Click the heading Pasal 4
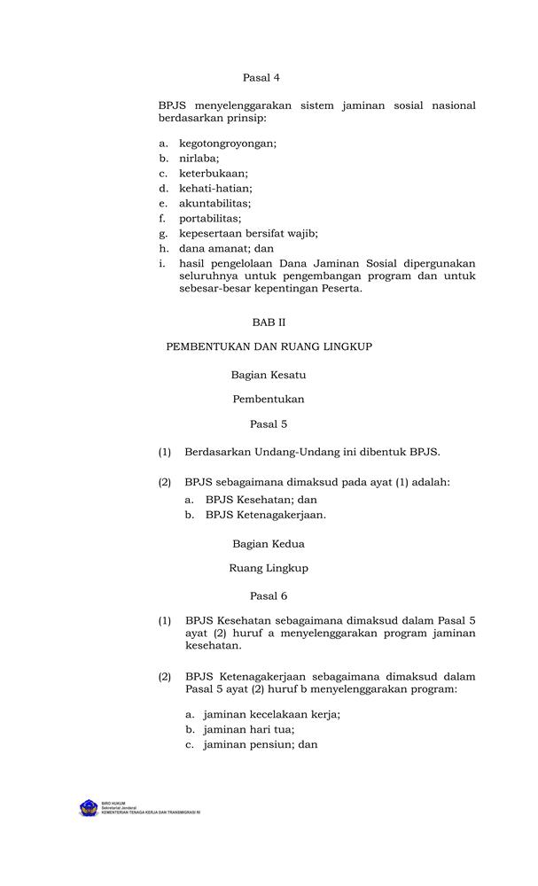[x=261, y=78]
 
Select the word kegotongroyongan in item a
[x=227, y=144]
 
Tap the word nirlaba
[x=199, y=159]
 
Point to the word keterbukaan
[x=214, y=174]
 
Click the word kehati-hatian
[x=215, y=189]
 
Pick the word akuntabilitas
[x=214, y=203]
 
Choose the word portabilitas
[x=209, y=218]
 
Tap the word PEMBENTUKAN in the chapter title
[x=208, y=346]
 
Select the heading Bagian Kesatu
[x=269, y=375]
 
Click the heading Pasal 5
[x=269, y=424]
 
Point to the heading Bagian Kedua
[x=269, y=543]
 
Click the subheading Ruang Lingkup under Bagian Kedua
[x=269, y=568]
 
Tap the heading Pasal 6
[x=269, y=596]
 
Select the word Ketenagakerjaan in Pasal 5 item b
[x=279, y=514]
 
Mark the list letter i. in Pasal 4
[x=162, y=263]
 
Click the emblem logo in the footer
[x=89, y=808]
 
